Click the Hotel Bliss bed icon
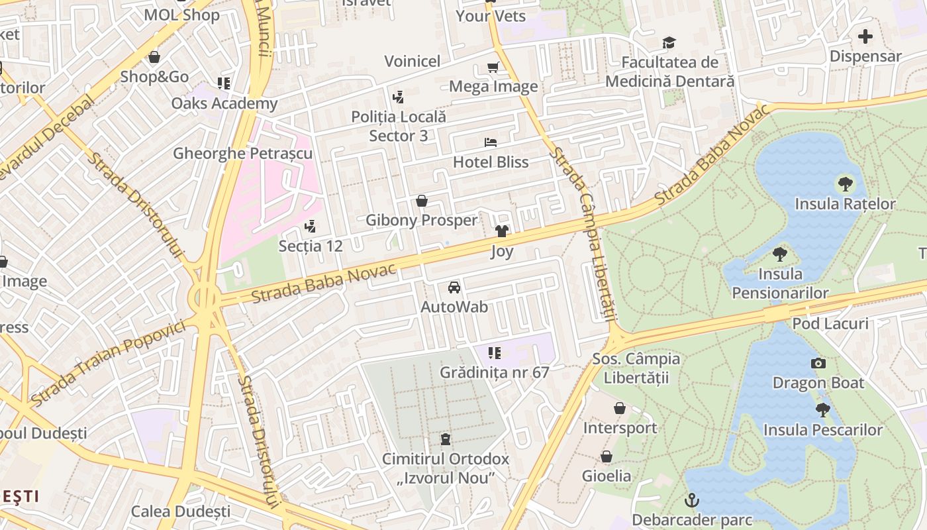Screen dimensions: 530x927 pos(490,142)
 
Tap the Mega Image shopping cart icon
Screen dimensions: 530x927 pos(493,67)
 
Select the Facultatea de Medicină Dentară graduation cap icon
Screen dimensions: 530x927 pos(669,43)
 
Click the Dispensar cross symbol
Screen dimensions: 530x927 pos(865,36)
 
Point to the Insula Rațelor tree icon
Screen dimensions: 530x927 pos(845,184)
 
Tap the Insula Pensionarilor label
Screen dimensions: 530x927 pos(780,284)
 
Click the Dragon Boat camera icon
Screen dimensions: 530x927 pos(818,363)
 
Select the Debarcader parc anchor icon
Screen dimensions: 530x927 pos(692,500)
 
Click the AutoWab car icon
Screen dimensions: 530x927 pos(454,288)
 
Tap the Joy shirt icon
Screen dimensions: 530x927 pos(502,231)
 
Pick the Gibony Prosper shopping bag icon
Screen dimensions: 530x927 pos(422,201)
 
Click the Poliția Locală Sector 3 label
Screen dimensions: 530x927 pos(399,126)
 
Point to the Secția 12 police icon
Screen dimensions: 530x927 pos(310,227)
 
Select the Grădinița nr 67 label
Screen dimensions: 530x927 pos(495,372)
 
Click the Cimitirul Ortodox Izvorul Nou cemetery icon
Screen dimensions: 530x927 pos(446,439)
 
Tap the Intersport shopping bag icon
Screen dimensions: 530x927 pos(620,408)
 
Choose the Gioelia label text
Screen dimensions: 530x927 pos(607,476)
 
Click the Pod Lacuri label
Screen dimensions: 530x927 pos(830,323)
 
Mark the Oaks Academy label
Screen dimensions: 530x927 pos(224,103)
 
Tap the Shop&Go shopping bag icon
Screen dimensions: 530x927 pos(154,58)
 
